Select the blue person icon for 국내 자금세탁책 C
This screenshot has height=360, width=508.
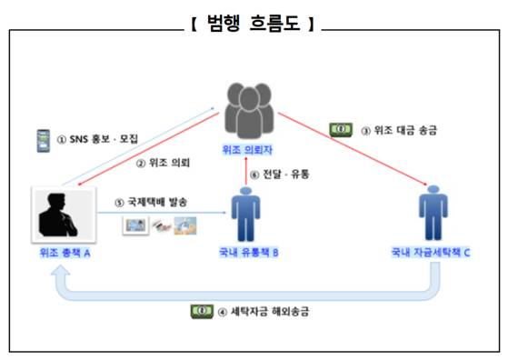pyautogui.click(x=433, y=214)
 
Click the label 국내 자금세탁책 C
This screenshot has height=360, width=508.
pyautogui.click(x=433, y=254)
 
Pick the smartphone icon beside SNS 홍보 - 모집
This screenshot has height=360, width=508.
pyautogui.click(x=41, y=140)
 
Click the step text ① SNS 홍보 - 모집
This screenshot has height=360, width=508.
pyautogui.click(x=98, y=140)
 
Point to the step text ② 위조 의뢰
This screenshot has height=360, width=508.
pyautogui.click(x=164, y=164)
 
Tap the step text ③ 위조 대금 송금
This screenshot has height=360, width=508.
pyautogui.click(x=398, y=130)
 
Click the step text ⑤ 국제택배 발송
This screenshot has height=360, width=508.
pyautogui.click(x=152, y=201)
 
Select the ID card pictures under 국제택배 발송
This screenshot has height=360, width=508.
pyautogui.click(x=161, y=225)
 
